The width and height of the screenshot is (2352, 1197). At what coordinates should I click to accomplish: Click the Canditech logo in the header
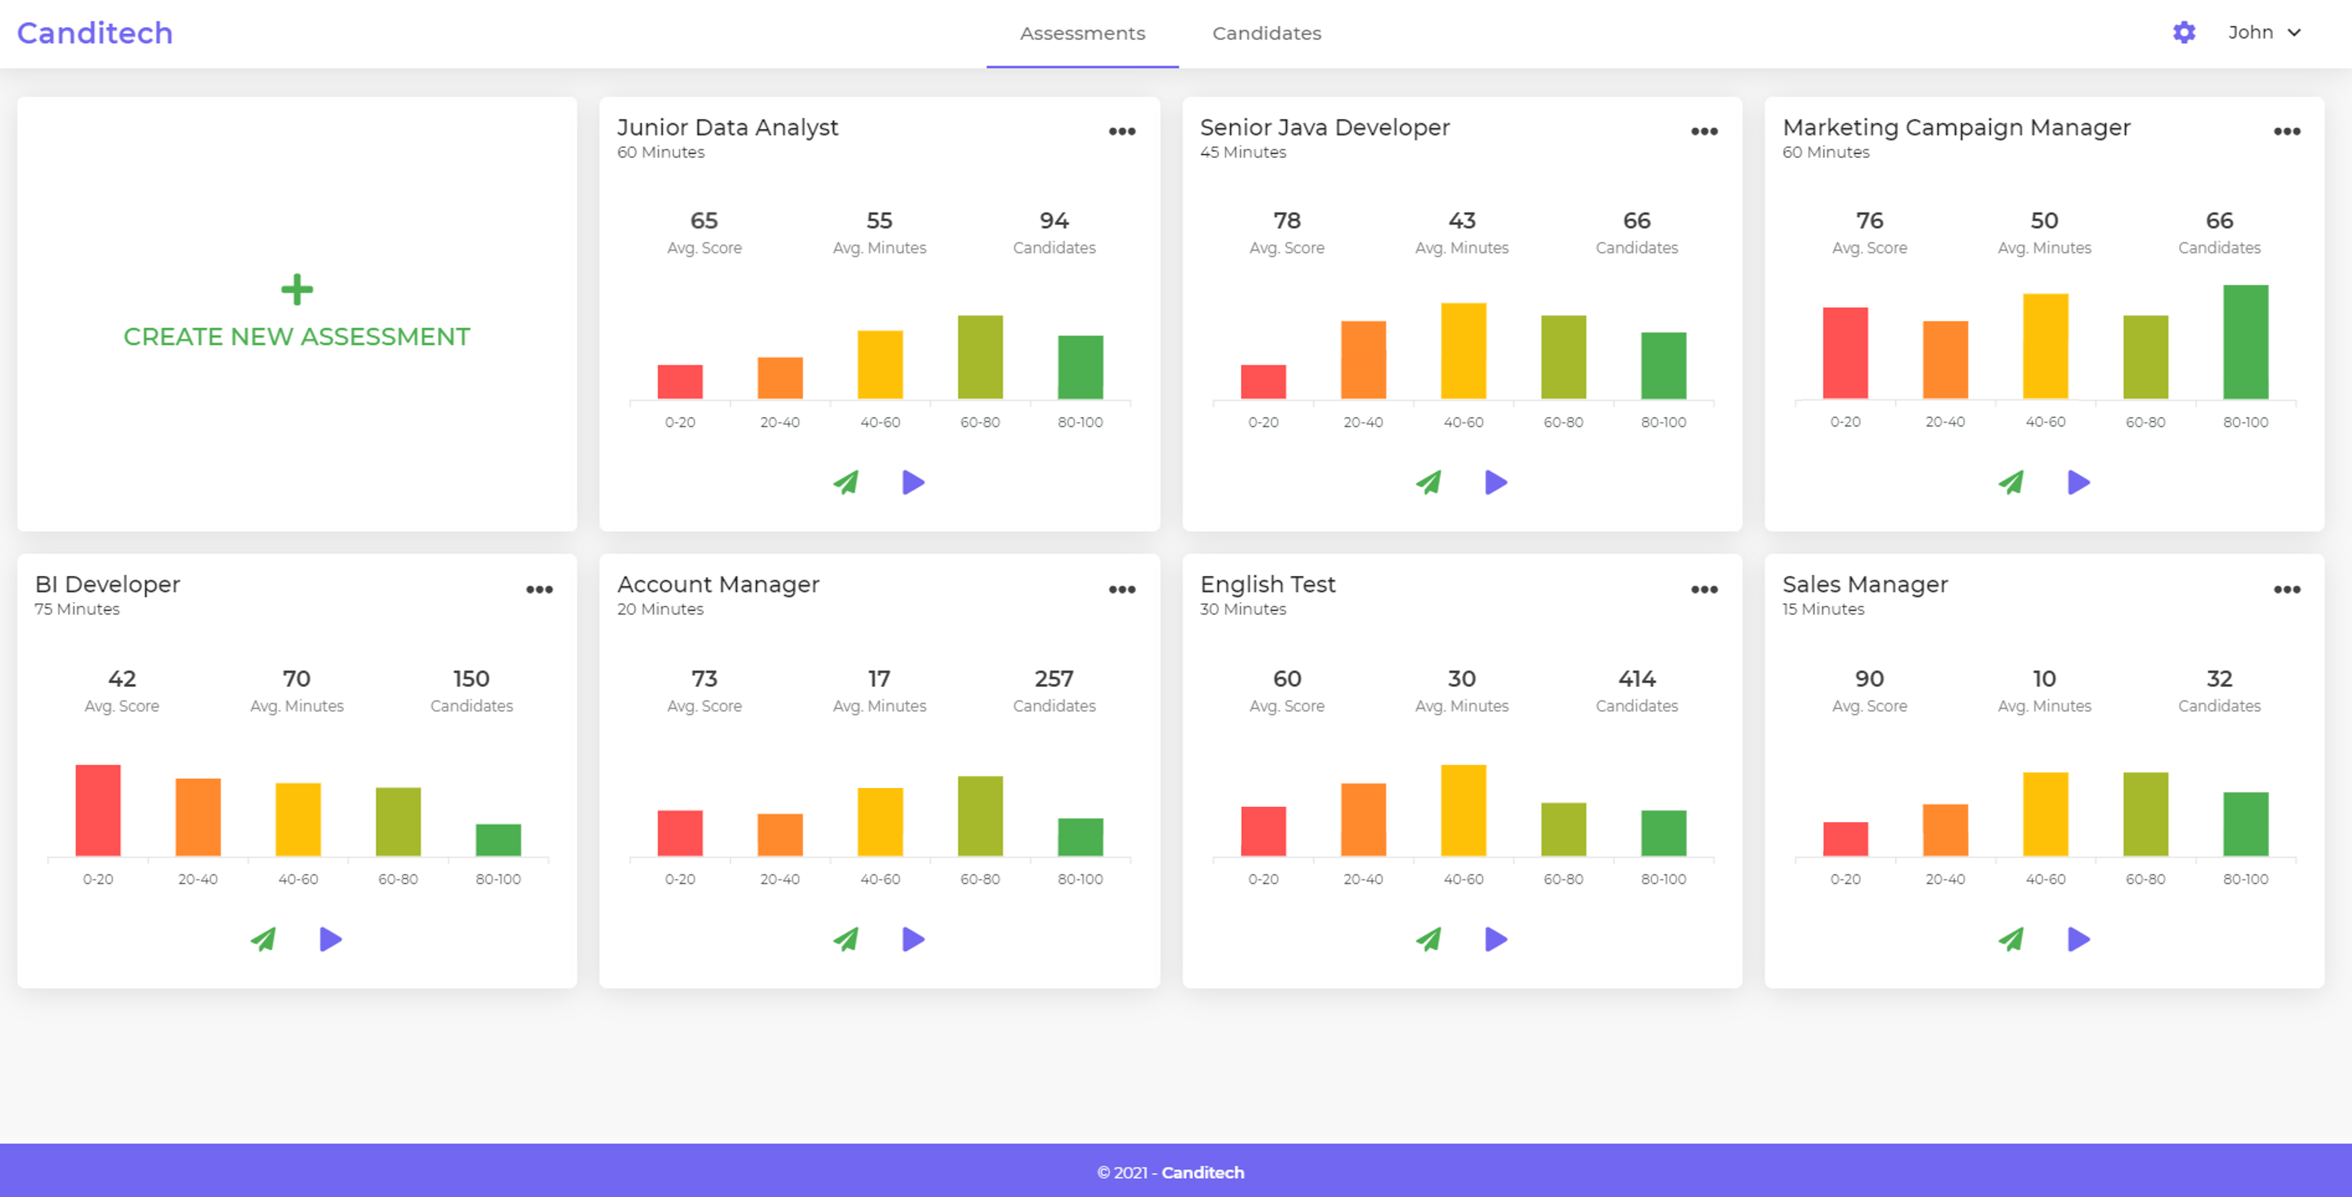(95, 33)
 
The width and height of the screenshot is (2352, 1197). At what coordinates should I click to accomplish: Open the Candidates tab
(1266, 33)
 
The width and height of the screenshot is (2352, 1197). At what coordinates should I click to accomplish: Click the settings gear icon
(2183, 33)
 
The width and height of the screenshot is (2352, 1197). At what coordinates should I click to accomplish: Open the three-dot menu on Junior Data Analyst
(1122, 132)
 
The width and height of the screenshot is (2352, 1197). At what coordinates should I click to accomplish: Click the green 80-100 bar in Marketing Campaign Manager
(2245, 342)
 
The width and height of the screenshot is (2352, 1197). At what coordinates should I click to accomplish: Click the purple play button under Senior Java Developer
(1496, 482)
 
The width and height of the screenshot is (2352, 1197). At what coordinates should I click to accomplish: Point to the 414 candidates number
(1636, 678)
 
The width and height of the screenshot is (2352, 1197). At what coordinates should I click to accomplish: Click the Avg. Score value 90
(1869, 678)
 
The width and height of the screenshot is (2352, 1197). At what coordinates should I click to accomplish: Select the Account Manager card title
(718, 584)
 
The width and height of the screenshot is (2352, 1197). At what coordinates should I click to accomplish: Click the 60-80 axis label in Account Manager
(980, 879)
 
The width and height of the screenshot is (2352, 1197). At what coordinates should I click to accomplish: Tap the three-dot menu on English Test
(1704, 590)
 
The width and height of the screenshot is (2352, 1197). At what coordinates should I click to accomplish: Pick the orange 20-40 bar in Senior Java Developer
(1363, 360)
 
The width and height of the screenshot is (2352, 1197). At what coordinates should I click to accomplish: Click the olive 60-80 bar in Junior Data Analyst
(980, 357)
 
